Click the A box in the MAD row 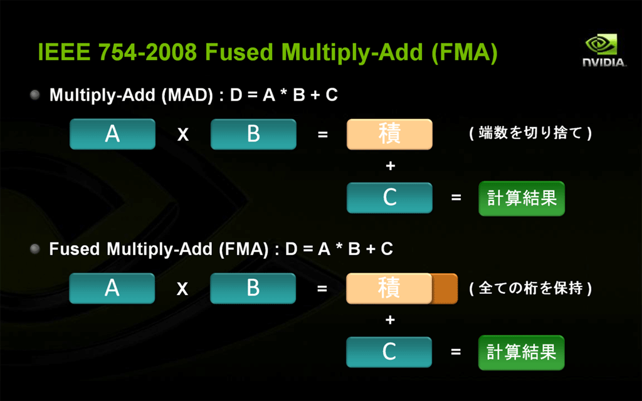coord(113,134)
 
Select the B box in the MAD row coord(253,134)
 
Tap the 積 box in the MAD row coord(389,134)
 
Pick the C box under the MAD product coord(389,197)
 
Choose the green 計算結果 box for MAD coord(522,199)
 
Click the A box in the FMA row coord(112,288)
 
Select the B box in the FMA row coord(253,288)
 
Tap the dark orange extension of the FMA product coord(445,289)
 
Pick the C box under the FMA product coord(389,352)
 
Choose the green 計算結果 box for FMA coord(521,353)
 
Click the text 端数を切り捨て coord(530,133)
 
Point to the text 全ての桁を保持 coord(530,288)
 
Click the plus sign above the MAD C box coord(391,165)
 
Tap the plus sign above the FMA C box coord(390,320)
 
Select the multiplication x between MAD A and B coord(183,134)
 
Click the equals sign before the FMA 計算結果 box coord(456,352)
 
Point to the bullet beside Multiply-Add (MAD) coord(35,95)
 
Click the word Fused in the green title coord(239,52)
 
